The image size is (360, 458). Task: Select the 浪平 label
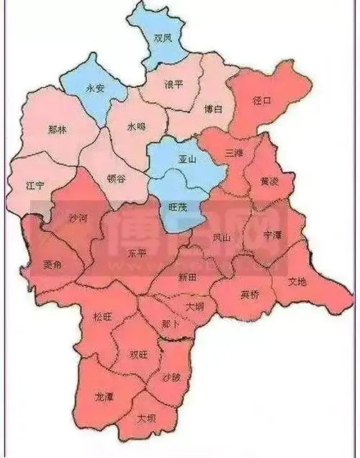click(x=174, y=84)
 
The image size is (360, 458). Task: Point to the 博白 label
click(x=214, y=109)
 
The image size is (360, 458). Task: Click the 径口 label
click(x=262, y=101)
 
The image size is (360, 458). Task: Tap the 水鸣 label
click(x=136, y=127)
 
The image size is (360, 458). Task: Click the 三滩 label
click(x=234, y=154)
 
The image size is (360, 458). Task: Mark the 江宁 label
click(x=35, y=186)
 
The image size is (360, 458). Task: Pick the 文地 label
click(x=297, y=282)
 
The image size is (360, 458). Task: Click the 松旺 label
click(x=103, y=317)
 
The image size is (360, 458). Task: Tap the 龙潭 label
click(x=104, y=397)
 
